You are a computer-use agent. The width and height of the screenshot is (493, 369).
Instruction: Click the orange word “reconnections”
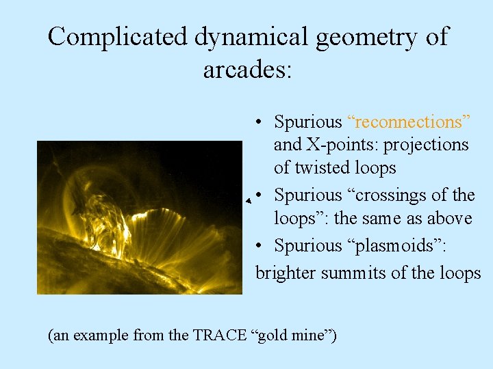click(409, 122)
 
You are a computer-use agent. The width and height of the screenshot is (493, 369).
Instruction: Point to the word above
click(449, 219)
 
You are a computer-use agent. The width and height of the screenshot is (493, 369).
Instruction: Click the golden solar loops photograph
click(140, 217)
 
